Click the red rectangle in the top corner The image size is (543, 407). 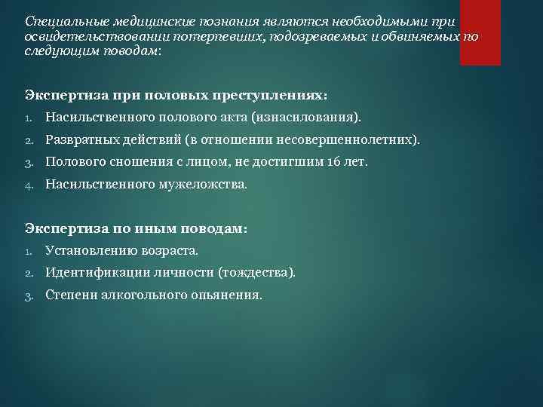(480, 32)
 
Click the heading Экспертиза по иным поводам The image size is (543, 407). (136, 228)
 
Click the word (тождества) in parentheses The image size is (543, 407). (256, 272)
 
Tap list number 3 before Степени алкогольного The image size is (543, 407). (28, 295)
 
